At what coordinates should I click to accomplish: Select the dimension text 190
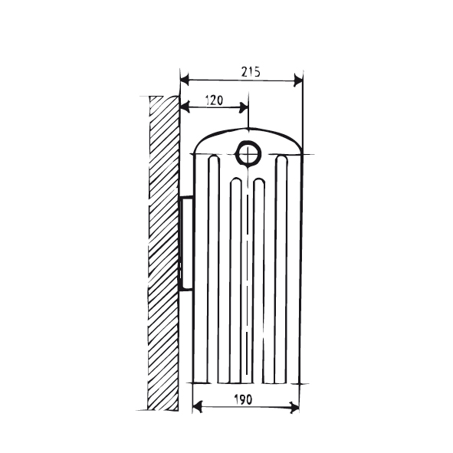[x=245, y=399]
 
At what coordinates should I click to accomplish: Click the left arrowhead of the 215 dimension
[x=185, y=78]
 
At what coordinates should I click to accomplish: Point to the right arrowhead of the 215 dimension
[x=298, y=78]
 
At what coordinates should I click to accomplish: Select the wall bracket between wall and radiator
[x=185, y=241]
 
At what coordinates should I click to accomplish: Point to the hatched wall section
[x=162, y=253]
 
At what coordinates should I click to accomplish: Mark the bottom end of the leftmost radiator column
[x=213, y=381]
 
